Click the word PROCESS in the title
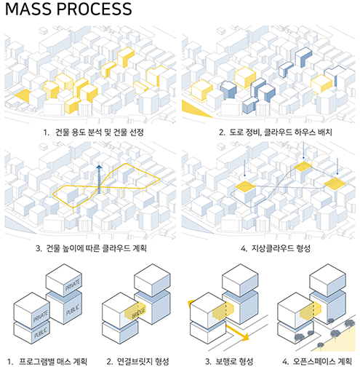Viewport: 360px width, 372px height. coord(95,9)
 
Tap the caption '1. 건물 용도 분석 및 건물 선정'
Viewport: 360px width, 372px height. coord(93,132)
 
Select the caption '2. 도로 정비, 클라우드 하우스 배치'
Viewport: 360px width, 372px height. coord(276,132)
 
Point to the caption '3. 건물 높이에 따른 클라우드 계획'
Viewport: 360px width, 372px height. coord(91,248)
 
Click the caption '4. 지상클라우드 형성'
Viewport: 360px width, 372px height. coord(276,248)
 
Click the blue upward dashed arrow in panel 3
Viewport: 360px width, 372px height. coord(99,179)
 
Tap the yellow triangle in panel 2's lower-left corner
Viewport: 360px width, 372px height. coord(196,108)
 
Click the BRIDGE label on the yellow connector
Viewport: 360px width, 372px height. coord(138,312)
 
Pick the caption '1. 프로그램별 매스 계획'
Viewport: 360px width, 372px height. coord(47,362)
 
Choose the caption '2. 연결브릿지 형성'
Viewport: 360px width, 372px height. coord(137,362)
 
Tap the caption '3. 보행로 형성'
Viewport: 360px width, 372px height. coord(229,362)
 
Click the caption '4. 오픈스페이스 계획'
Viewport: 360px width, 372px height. coord(317,362)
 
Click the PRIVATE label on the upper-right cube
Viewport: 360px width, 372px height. coord(73,285)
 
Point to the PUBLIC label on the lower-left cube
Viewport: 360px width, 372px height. coord(41,333)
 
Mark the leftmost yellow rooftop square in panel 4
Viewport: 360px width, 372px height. coord(245,186)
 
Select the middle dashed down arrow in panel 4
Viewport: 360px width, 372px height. coord(303,151)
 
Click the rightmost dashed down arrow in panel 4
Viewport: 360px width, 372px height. coord(337,166)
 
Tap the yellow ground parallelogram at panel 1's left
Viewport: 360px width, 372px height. coord(23,95)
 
